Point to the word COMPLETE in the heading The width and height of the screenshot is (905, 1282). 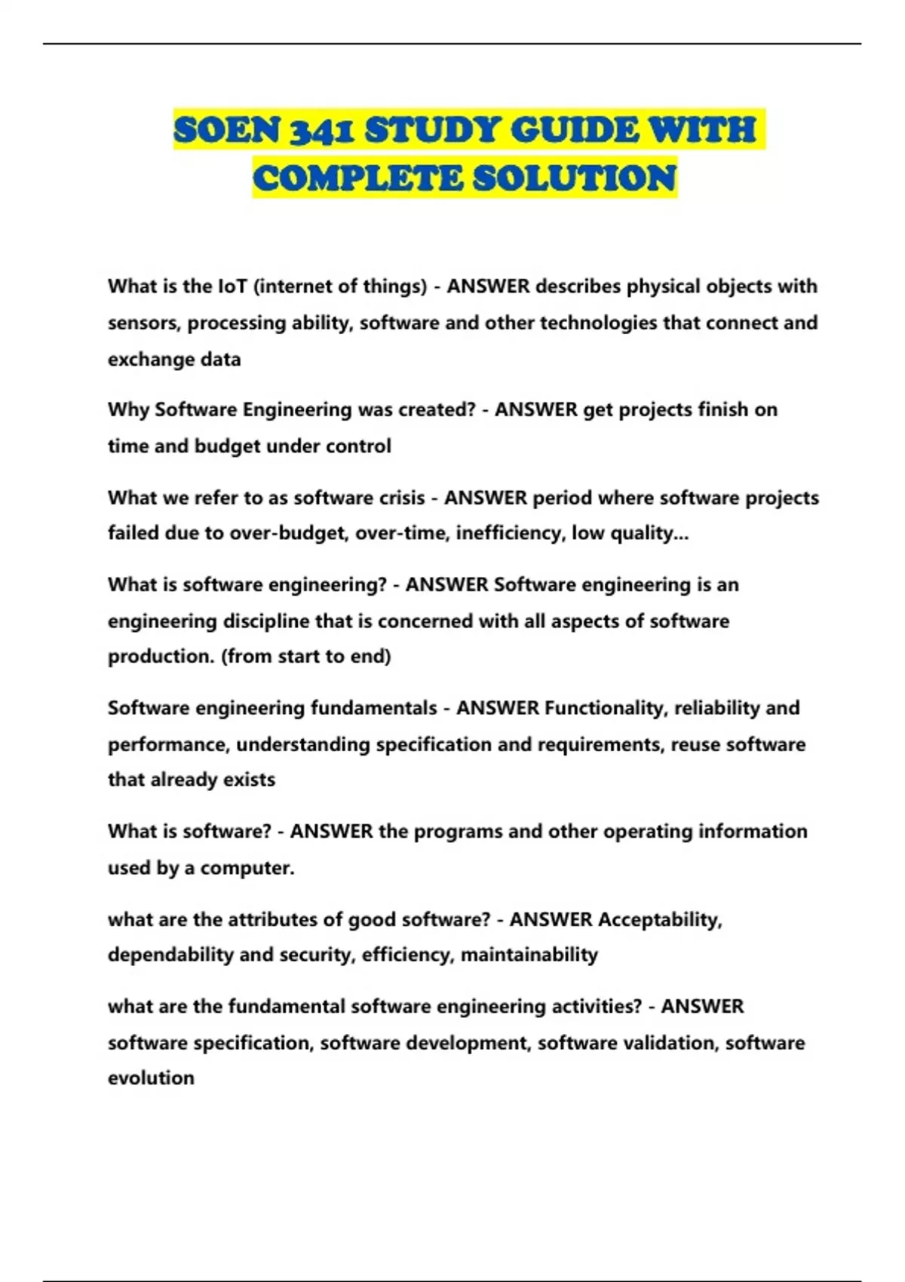[357, 179]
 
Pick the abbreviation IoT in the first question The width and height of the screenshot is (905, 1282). [232, 287]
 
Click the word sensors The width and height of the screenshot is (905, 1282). [144, 324]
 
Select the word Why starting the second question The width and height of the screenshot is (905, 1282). [128, 410]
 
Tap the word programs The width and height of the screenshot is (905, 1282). [458, 832]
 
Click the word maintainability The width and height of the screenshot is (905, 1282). [529, 955]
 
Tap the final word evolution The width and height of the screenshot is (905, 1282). [151, 1078]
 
